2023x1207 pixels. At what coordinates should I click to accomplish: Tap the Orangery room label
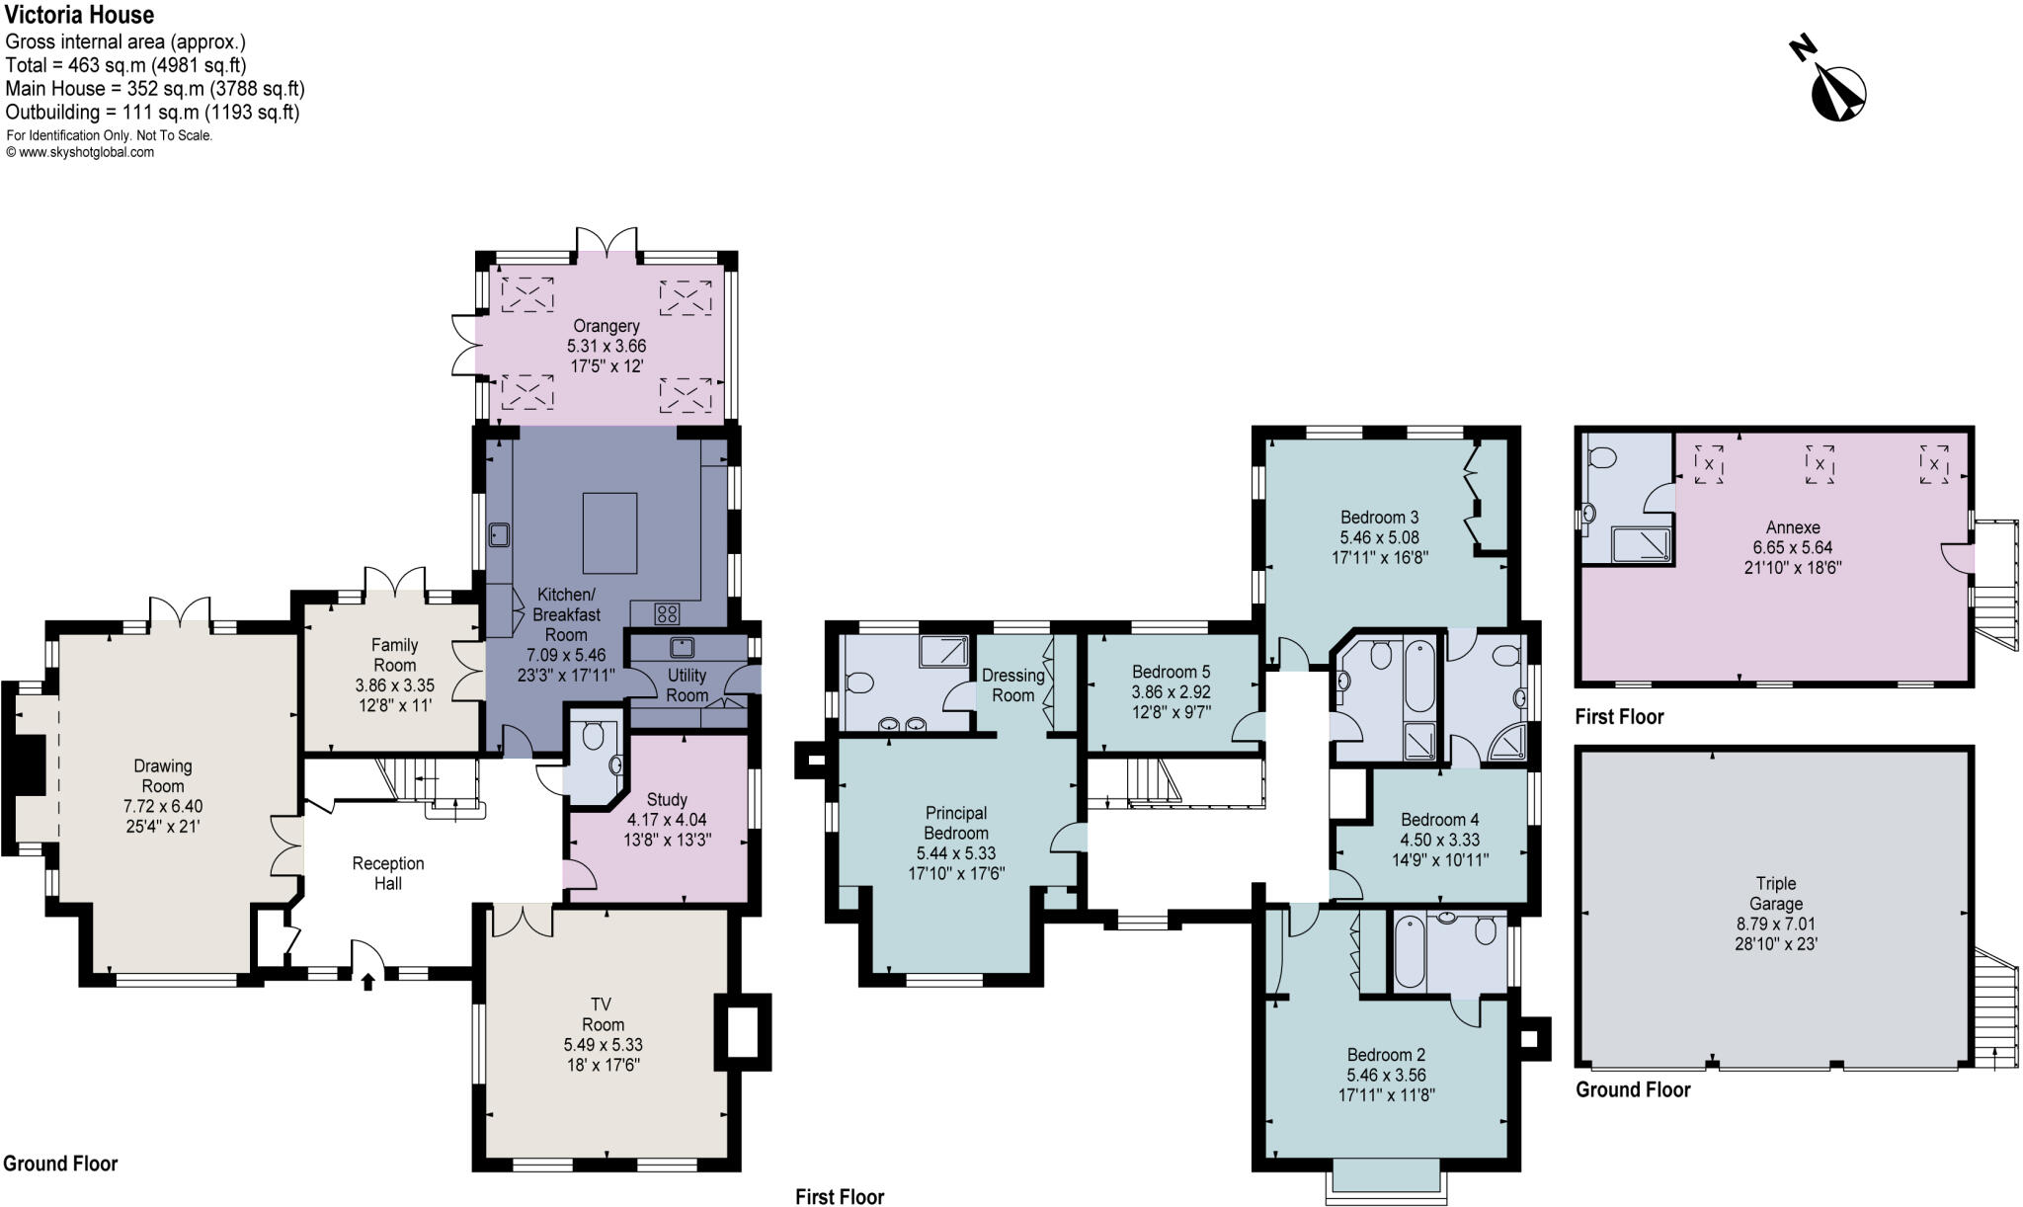click(606, 326)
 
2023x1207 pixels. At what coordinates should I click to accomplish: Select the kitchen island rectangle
click(609, 532)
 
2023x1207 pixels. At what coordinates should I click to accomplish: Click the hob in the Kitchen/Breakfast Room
click(667, 613)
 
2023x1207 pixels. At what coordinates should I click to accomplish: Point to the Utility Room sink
click(681, 648)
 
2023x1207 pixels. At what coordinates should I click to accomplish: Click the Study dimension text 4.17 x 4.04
click(667, 820)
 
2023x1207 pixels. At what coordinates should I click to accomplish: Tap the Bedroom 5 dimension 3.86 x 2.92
click(1171, 692)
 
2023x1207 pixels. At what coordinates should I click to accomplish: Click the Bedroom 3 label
click(1379, 518)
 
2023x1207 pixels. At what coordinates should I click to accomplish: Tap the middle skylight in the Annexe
click(1820, 463)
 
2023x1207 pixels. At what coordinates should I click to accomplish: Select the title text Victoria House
click(79, 14)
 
